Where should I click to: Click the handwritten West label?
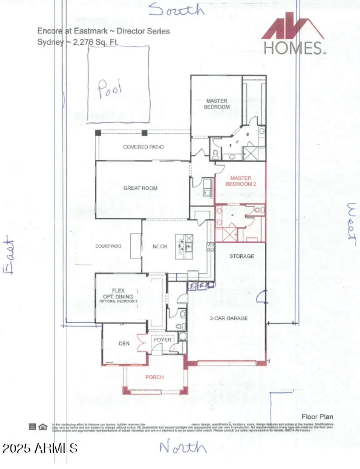coord(352,221)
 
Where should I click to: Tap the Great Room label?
coord(140,188)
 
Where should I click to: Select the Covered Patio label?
coord(143,147)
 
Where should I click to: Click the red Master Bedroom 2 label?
coord(241,181)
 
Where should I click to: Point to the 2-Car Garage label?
coord(229,318)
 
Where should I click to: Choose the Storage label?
coord(242,256)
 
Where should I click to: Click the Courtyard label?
coord(108,246)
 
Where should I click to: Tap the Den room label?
coord(124,344)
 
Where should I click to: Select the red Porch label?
coord(154,377)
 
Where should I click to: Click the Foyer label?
coord(162,340)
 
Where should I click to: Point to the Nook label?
coord(160,246)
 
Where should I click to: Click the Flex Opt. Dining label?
coord(118,294)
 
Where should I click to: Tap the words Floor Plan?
coord(317,417)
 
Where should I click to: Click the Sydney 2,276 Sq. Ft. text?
coord(78,42)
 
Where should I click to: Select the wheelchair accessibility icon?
coord(32,426)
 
